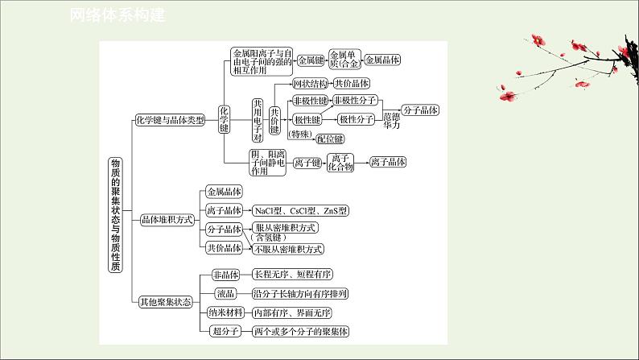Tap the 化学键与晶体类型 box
point(168,119)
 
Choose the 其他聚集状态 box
point(164,303)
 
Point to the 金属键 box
point(311,60)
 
